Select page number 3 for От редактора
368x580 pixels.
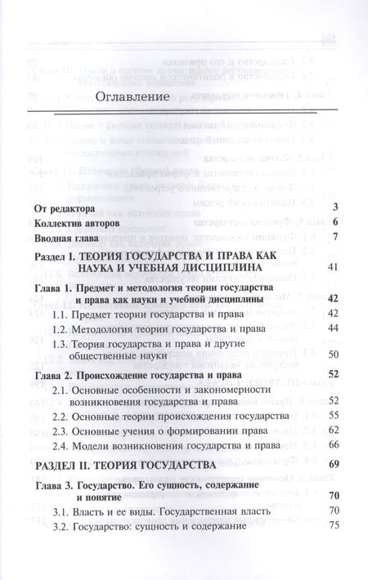click(x=335, y=207)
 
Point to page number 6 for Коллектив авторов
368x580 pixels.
click(x=335, y=222)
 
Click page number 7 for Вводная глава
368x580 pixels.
click(x=335, y=238)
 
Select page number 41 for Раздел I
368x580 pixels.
click(x=333, y=267)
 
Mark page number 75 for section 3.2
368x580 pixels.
click(x=333, y=527)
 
